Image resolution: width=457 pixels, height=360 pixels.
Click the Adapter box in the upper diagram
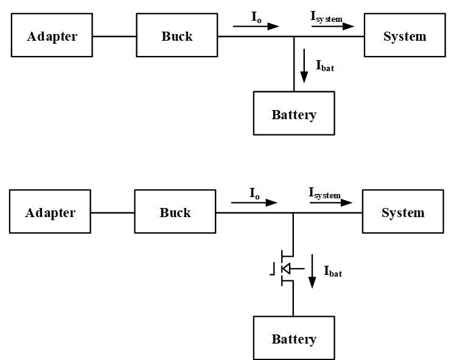(x=52, y=36)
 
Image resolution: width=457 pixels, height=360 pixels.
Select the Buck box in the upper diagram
(x=176, y=36)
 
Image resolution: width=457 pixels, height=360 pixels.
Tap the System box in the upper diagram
(x=405, y=36)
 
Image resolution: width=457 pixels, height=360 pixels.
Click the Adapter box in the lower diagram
(x=50, y=213)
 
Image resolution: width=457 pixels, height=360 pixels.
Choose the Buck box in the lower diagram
(x=175, y=213)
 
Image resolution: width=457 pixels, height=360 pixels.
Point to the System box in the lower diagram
(x=403, y=213)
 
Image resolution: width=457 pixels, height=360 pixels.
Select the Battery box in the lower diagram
(x=294, y=338)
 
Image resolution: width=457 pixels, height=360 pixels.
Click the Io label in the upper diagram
(x=256, y=16)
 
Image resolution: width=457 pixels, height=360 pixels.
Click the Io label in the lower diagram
(x=254, y=193)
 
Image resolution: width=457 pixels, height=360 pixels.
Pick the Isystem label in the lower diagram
(x=324, y=194)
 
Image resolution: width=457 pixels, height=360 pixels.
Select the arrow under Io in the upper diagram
(x=256, y=26)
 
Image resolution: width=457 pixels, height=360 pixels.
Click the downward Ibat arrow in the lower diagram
(x=312, y=272)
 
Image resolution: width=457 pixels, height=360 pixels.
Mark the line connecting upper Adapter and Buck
(x=114, y=36)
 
